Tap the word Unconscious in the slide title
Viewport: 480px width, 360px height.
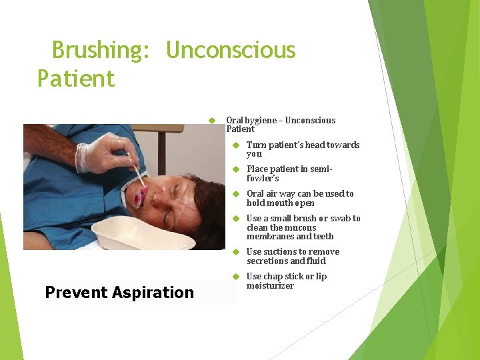(230, 51)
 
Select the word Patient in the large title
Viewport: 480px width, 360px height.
(76, 79)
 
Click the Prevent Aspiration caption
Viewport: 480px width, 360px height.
(119, 292)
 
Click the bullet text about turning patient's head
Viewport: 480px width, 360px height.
(303, 149)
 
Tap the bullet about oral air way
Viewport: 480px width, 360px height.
(300, 198)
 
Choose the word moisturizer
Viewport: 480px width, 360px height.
(270, 286)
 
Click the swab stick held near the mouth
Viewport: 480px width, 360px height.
(139, 174)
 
